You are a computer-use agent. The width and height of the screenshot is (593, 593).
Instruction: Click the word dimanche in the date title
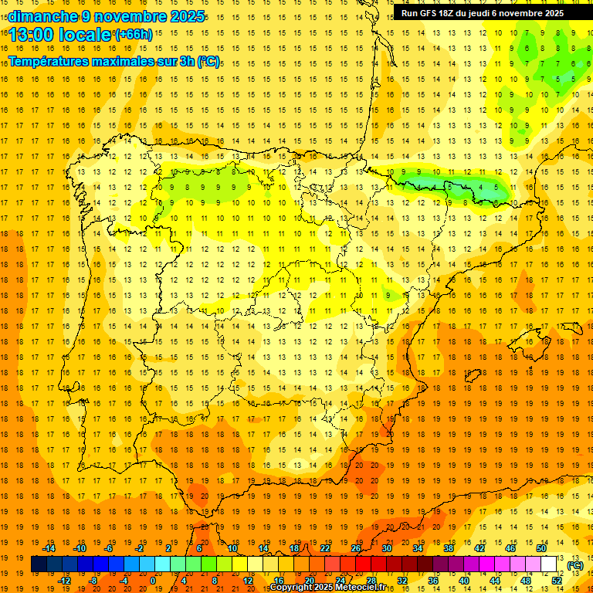(x=42, y=16)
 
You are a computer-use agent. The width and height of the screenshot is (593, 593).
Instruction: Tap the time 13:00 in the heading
(x=36, y=35)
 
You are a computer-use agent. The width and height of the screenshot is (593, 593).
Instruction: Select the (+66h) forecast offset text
(x=134, y=34)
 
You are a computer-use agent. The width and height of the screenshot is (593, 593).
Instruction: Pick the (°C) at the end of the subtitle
(x=208, y=61)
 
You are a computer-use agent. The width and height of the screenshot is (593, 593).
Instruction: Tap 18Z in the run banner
(x=451, y=13)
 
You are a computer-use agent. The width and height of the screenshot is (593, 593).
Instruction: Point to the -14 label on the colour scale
(x=49, y=548)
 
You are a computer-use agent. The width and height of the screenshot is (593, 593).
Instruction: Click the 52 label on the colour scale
(x=557, y=581)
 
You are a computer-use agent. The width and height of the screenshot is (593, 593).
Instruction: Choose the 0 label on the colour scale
(x=153, y=581)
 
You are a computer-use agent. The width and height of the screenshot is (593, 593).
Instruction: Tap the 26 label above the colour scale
(x=356, y=548)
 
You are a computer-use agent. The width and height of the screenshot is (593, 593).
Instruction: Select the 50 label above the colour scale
(x=541, y=548)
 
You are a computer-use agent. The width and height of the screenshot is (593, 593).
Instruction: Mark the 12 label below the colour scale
(x=248, y=581)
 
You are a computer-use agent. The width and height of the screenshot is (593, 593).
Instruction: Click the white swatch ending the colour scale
(x=549, y=564)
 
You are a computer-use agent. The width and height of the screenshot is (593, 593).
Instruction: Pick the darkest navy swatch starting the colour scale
(x=39, y=564)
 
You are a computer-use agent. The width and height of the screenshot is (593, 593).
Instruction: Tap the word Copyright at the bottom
(x=290, y=588)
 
